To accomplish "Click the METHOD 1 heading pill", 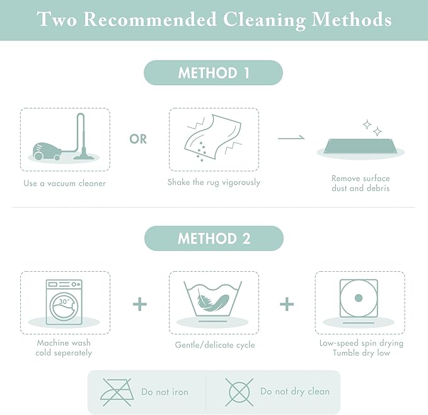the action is point(213,73).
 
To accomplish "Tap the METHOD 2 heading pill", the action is point(214,238).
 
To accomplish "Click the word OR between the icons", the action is point(138,139).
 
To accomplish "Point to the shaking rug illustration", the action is point(214,138).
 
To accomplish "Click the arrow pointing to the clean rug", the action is point(291,137).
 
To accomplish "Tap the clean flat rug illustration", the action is point(361,148).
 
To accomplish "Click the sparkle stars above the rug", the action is point(373,127).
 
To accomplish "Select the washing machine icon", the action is point(64,302).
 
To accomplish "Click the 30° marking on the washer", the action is point(64,301).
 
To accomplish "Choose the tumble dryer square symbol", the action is point(359,298).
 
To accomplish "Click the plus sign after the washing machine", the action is point(140,304).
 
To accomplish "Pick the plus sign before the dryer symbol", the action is point(287,304).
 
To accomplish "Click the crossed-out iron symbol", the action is point(117,392).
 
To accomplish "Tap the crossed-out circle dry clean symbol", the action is point(239,392).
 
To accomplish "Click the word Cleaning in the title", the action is point(264,20).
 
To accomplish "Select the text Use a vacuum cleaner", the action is point(65,183).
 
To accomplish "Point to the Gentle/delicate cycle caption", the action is point(215,345).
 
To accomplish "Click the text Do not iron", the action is point(165,392).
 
